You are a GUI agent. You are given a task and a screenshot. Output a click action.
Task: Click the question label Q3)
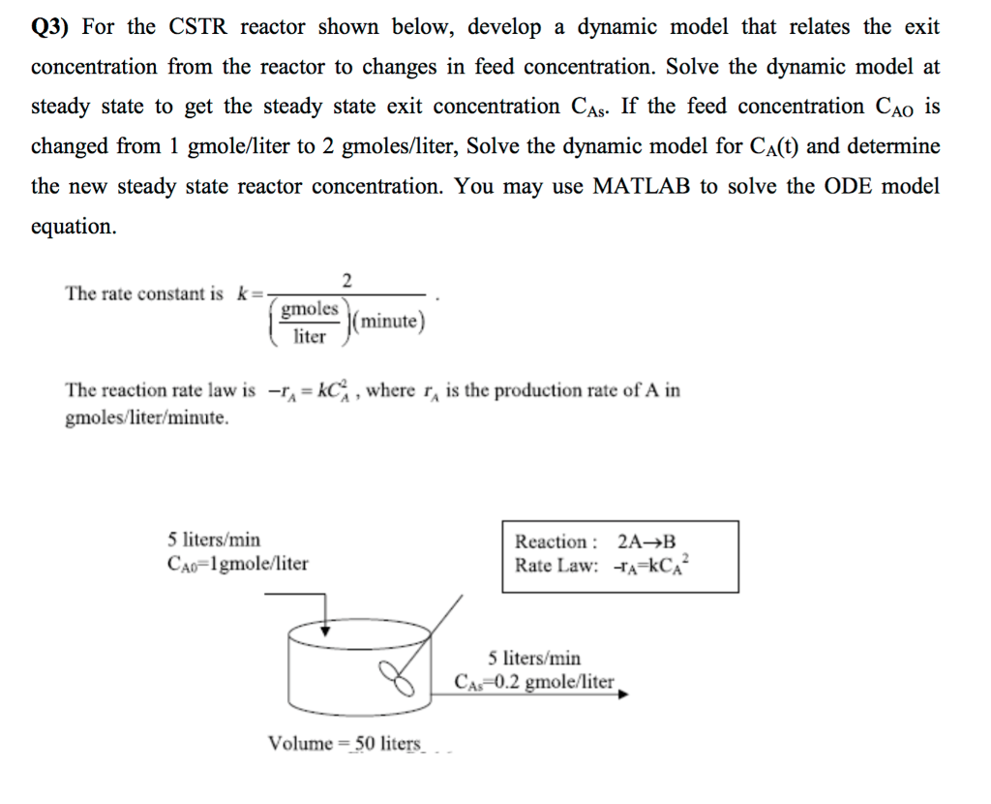pyautogui.click(x=51, y=27)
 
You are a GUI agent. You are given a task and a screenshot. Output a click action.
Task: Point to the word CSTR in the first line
pyautogui.click(x=198, y=27)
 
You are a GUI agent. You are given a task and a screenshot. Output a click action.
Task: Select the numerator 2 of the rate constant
pyautogui.click(x=347, y=281)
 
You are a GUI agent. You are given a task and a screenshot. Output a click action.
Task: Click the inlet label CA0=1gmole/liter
pyautogui.click(x=237, y=563)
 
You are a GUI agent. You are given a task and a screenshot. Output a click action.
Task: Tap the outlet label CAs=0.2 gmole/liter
pyautogui.click(x=534, y=681)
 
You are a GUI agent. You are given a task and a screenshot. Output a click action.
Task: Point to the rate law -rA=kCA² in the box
pyautogui.click(x=653, y=566)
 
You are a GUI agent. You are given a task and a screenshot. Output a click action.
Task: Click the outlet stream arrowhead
pyautogui.click(x=625, y=694)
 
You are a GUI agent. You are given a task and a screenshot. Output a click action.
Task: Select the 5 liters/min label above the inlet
pyautogui.click(x=213, y=540)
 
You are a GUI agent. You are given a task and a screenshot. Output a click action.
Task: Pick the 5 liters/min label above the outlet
pyautogui.click(x=534, y=658)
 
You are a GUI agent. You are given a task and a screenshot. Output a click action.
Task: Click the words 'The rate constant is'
pyautogui.click(x=144, y=294)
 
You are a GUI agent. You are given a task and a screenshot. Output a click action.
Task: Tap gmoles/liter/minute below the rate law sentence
pyautogui.click(x=147, y=418)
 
